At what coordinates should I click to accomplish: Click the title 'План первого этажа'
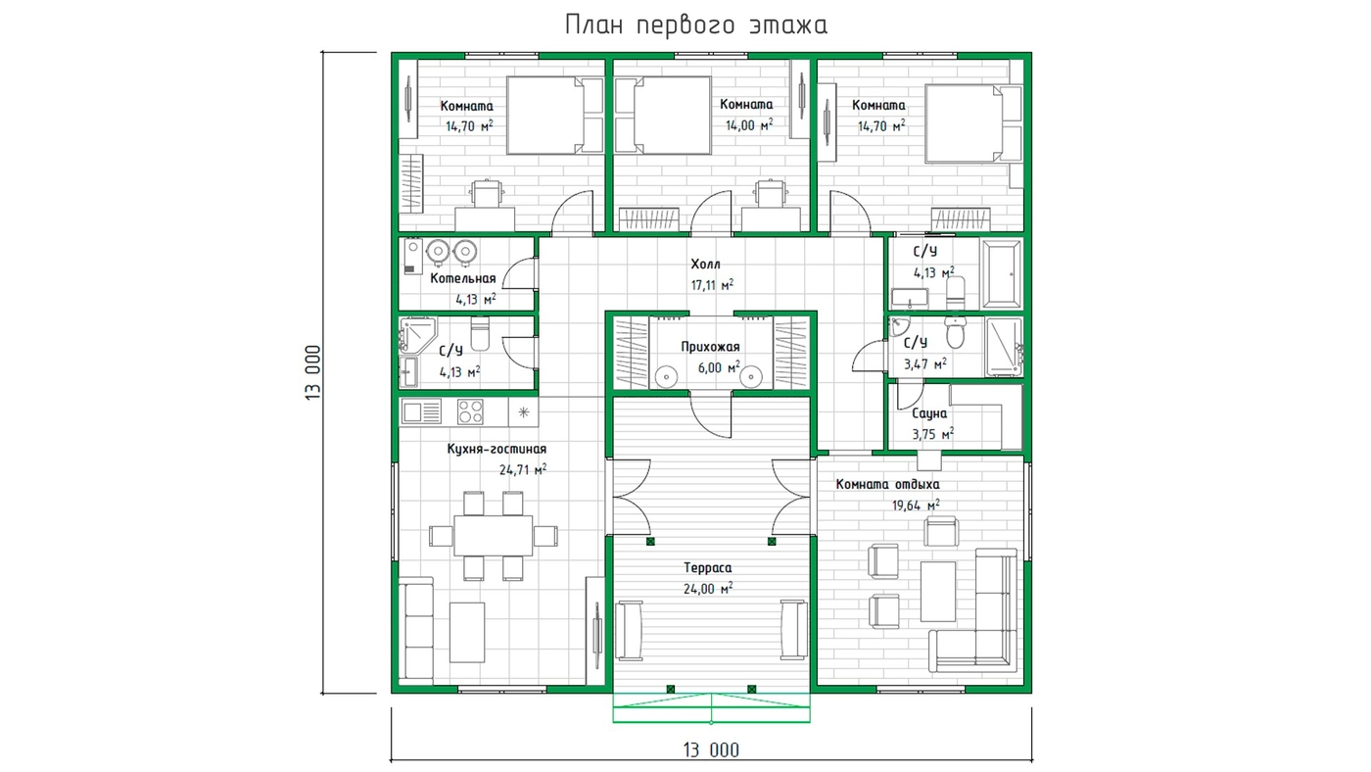[x=696, y=25]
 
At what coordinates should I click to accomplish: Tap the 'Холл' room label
[x=706, y=265]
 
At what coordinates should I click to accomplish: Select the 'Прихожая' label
[x=710, y=347]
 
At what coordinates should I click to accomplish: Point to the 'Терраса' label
[x=707, y=568]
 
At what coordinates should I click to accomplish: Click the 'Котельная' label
[x=462, y=279]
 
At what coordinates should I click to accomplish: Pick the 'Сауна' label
[x=929, y=413]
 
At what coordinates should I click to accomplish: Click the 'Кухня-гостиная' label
[x=496, y=449]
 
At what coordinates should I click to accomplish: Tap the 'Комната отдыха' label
[x=887, y=484]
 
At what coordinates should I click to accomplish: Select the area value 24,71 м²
[x=523, y=469]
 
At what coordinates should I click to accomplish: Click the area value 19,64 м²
[x=916, y=506]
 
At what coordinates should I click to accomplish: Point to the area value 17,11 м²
[x=712, y=285]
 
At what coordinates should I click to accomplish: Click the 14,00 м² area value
[x=749, y=124]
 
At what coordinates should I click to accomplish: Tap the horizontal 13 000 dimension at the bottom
[x=711, y=750]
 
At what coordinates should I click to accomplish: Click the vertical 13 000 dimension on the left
[x=312, y=373]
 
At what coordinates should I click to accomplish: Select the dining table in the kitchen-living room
[x=494, y=535]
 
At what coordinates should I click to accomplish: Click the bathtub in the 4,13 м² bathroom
[x=1001, y=273]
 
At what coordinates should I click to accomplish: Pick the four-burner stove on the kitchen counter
[x=470, y=412]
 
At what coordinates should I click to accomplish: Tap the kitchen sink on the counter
[x=421, y=412]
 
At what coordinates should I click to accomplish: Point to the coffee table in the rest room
[x=938, y=592]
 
